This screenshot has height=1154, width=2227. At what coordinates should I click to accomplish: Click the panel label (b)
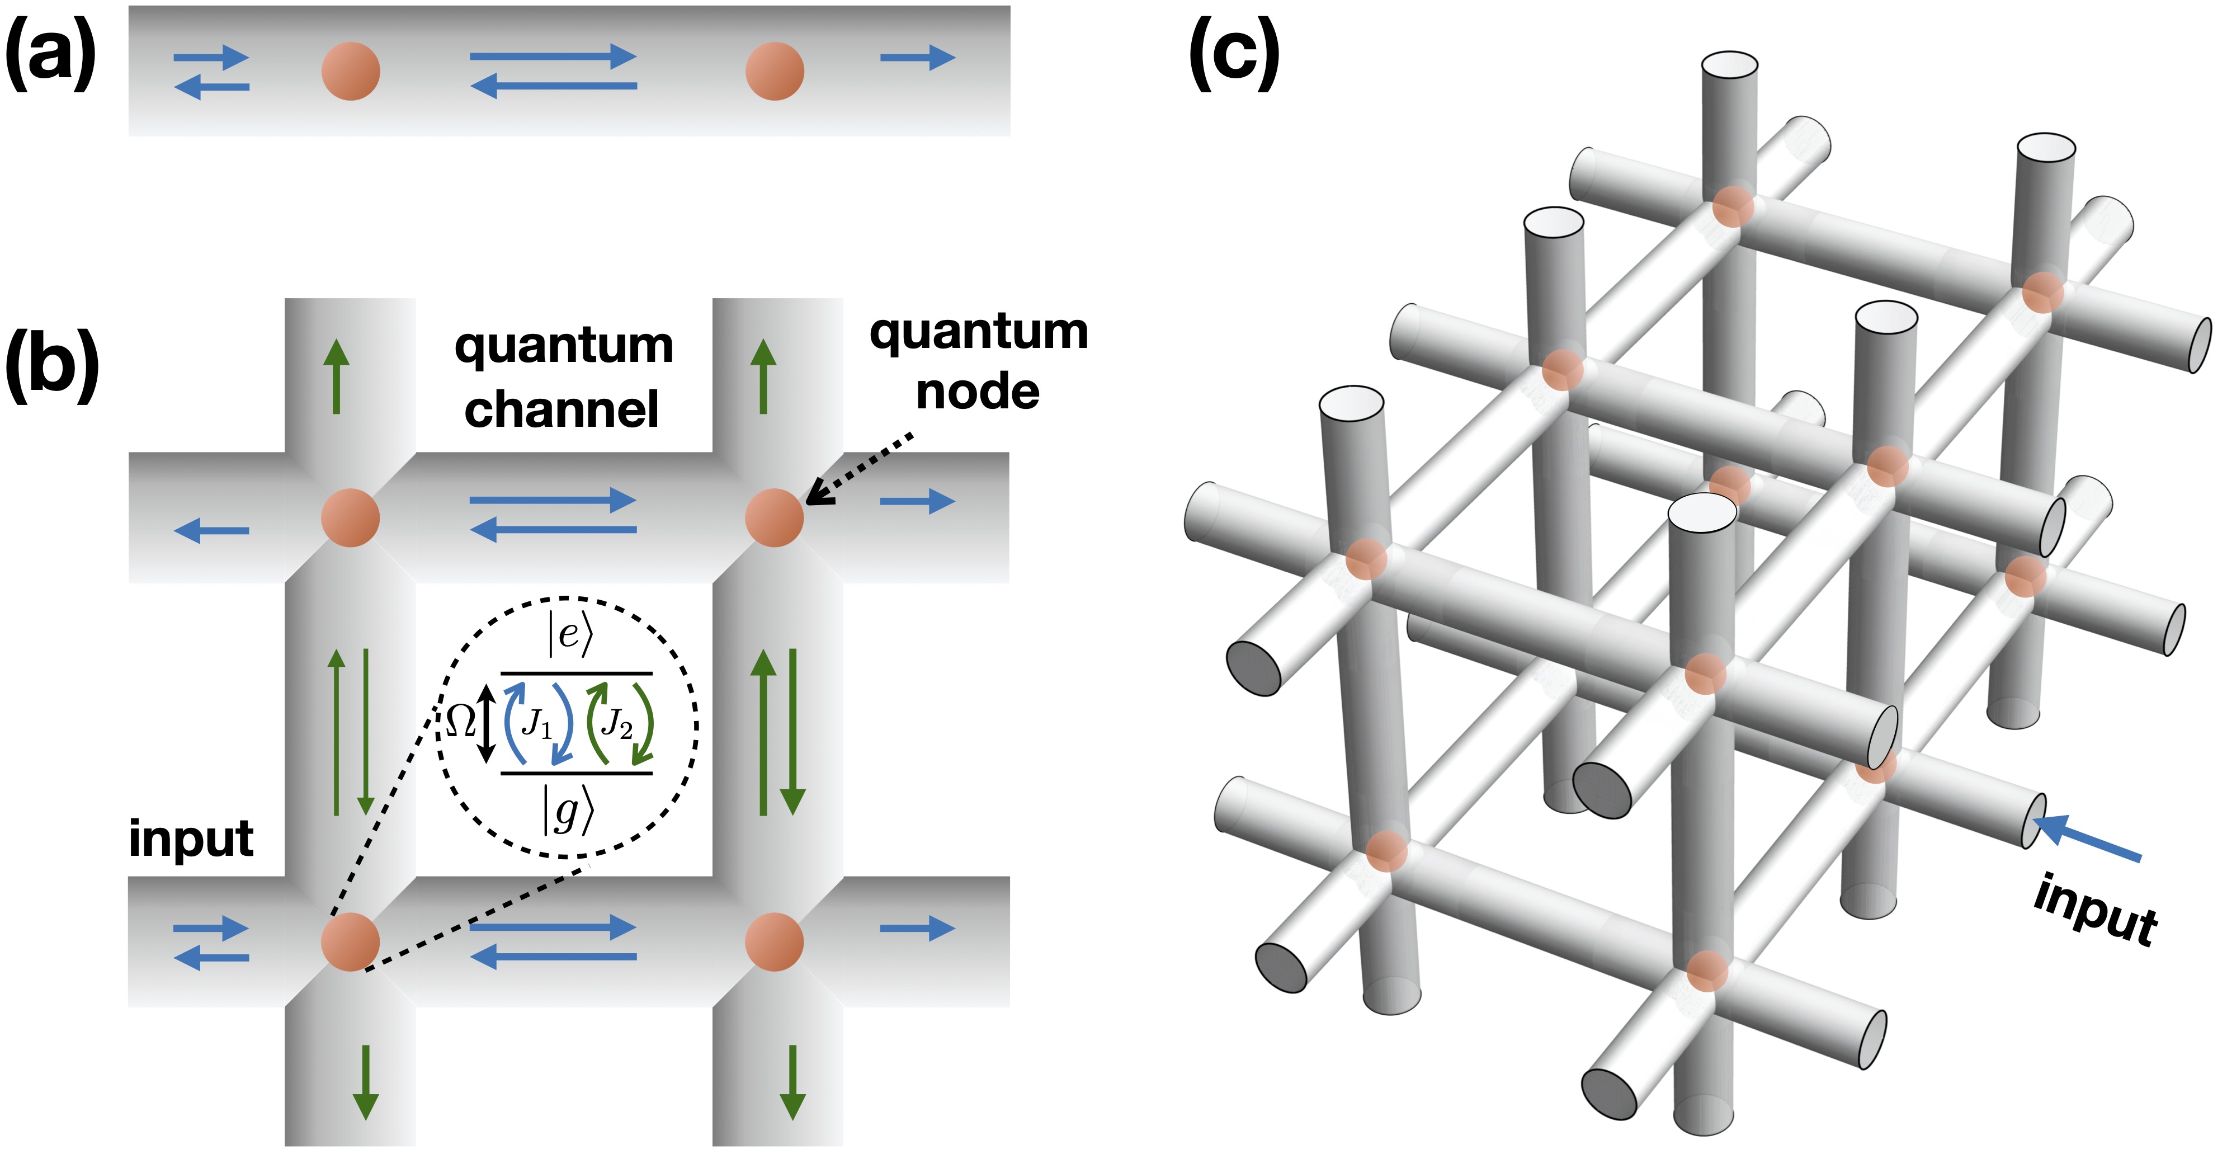click(53, 366)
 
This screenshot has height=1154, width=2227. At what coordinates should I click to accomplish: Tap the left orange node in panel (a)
click(350, 71)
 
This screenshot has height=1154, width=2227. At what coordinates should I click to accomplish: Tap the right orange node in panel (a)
click(775, 71)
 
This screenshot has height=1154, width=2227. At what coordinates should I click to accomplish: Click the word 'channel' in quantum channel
click(562, 409)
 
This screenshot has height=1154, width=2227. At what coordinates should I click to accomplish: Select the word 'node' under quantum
click(978, 392)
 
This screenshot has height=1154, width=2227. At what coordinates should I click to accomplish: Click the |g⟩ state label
click(568, 811)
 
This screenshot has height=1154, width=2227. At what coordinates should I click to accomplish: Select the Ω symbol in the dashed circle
click(461, 720)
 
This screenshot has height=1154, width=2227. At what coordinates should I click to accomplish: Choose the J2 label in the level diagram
click(617, 723)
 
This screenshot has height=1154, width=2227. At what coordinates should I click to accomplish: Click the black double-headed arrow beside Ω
click(487, 723)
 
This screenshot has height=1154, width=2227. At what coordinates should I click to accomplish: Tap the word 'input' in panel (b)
click(191, 839)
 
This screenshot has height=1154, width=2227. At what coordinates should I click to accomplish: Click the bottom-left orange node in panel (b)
click(350, 941)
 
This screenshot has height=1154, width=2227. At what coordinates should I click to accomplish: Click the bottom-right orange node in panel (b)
click(775, 941)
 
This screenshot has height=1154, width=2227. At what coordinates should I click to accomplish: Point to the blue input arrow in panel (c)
click(2087, 837)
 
